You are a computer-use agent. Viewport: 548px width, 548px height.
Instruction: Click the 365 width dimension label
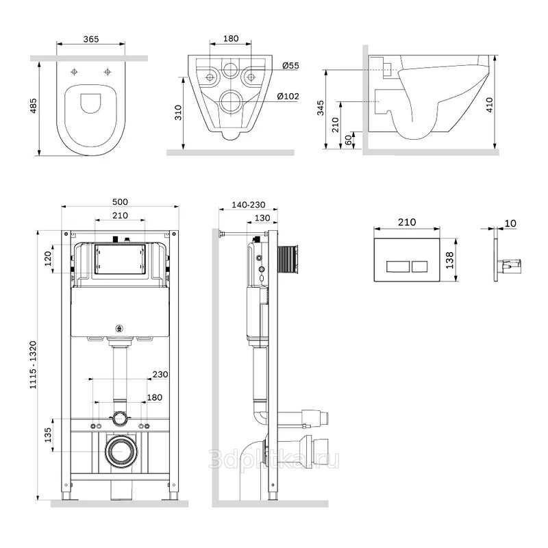[x=91, y=39]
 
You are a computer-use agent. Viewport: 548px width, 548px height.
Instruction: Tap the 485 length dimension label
[x=34, y=105]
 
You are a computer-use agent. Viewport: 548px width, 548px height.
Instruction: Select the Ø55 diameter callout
[x=290, y=65]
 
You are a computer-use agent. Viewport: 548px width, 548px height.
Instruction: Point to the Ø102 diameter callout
[x=288, y=96]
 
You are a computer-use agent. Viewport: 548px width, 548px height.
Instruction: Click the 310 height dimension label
[x=178, y=112]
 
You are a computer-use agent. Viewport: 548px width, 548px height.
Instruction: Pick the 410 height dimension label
[x=489, y=105]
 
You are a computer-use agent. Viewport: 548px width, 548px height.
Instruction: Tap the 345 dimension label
[x=321, y=108]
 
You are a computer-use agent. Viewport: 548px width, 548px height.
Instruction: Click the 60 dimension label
[x=349, y=140]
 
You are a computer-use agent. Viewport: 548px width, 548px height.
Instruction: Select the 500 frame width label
[x=120, y=202]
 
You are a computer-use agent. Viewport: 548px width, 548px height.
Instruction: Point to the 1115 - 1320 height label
[x=33, y=365]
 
